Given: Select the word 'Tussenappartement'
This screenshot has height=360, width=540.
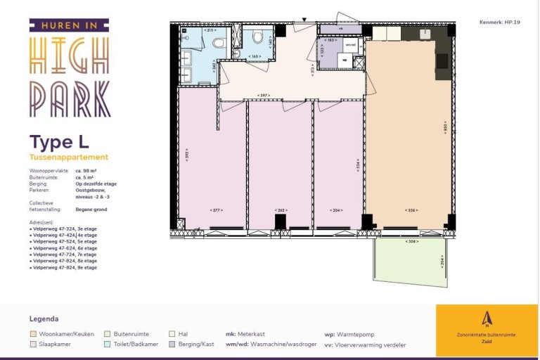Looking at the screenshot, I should coord(69,157).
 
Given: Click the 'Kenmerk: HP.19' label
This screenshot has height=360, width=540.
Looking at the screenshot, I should coord(499,22).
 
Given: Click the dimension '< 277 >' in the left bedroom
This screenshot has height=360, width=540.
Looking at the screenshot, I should coord(217,210).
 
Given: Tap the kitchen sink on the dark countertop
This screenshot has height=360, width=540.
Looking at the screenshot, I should coord(426,33).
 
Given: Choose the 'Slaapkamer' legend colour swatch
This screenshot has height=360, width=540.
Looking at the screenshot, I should coord(33,345).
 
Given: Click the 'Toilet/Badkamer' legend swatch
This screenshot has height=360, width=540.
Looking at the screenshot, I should coord(107,345).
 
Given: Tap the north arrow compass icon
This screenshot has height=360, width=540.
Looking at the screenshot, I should coord(487,319).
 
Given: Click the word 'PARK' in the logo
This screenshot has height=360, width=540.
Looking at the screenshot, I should coord(70,98).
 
